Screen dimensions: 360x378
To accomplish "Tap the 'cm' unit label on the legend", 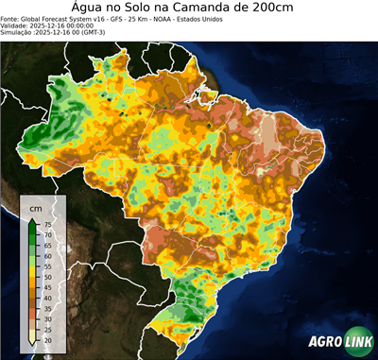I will click(36, 207).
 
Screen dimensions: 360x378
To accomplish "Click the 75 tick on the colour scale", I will click(47, 224).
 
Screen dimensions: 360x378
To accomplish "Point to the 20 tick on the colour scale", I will click(47, 340).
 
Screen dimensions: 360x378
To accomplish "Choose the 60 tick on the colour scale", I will click(47, 257).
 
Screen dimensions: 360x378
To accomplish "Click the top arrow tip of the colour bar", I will click(32, 219).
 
